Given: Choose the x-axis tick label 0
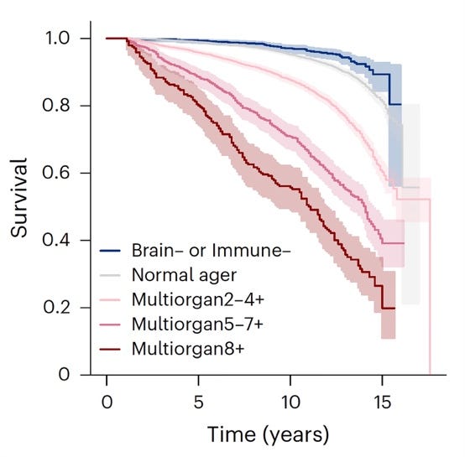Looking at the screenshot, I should click(107, 402).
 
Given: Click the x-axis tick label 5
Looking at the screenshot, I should click(199, 402).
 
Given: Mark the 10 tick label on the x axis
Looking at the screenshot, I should click(290, 402).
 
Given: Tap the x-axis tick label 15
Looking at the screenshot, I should click(382, 402).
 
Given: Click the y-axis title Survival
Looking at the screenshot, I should click(21, 207).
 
